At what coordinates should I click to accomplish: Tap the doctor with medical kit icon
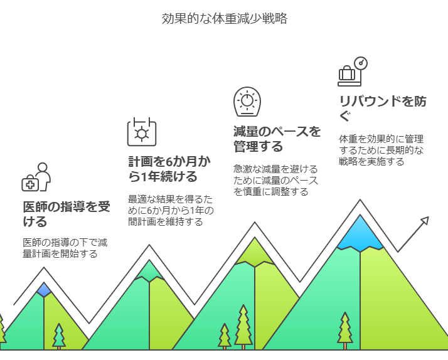(x=36, y=177)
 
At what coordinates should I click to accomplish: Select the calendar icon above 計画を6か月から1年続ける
(x=142, y=132)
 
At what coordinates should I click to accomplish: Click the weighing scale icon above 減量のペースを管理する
(x=247, y=102)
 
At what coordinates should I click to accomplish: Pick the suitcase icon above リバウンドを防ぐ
(x=347, y=75)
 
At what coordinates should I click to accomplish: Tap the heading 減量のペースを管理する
(x=276, y=139)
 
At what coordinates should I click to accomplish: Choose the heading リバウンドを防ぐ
(x=382, y=109)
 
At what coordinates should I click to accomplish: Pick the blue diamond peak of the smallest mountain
(x=44, y=289)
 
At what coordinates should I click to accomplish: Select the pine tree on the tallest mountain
(x=344, y=329)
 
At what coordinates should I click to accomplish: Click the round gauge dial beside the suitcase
(x=360, y=63)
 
